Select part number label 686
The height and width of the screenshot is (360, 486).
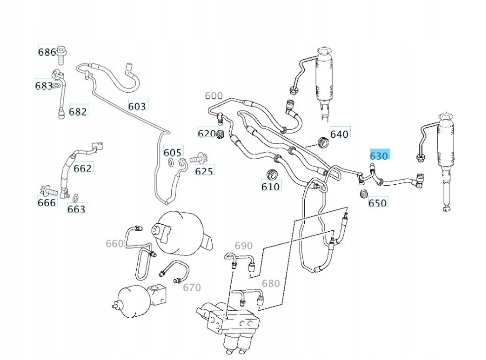tap(47, 52)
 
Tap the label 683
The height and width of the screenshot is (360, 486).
tap(44, 85)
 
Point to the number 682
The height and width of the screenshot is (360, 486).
tap(77, 111)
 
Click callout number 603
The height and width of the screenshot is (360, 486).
tap(137, 107)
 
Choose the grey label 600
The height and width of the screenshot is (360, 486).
tap(214, 96)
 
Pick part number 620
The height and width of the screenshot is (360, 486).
tap(207, 133)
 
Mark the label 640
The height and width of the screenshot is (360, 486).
tap(339, 134)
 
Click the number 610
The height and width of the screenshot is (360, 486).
tap(271, 187)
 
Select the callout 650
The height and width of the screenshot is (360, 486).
tap(377, 203)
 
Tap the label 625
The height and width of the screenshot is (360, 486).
tap(204, 171)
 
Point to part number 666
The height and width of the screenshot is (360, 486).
tap(47, 202)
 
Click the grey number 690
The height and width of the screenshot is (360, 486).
tap(243, 246)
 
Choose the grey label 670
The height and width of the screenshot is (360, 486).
tap(192, 288)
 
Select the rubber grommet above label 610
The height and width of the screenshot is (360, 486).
tap(272, 174)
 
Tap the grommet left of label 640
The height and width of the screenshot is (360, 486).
tap(324, 142)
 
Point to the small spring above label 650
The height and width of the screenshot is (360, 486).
tap(364, 193)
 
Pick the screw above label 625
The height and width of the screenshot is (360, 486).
tap(199, 159)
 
